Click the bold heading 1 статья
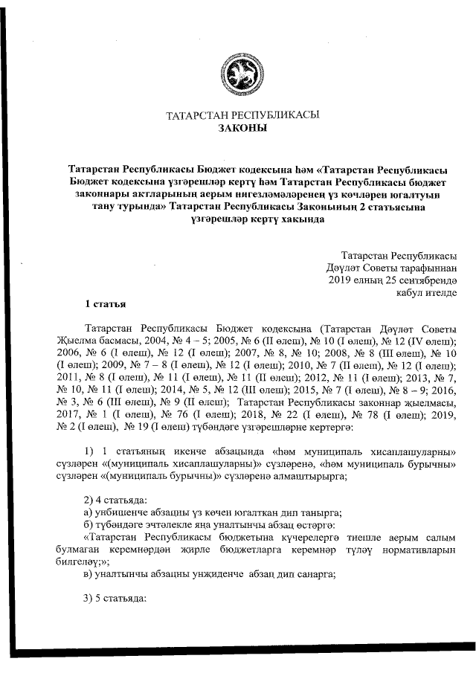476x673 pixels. pos(106,305)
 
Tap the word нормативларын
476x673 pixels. pos(420,549)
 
